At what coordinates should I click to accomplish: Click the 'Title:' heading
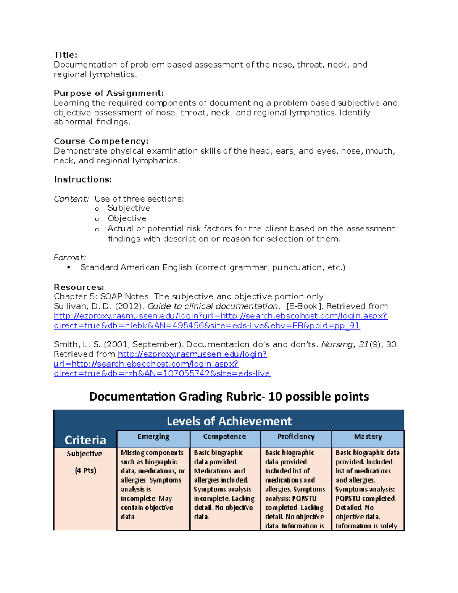point(65,55)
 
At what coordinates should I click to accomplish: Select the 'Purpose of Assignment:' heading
point(109,93)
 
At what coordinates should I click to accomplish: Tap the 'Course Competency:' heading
point(101,141)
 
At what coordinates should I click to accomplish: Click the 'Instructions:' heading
point(82,179)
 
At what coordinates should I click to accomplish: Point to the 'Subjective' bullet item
point(129,208)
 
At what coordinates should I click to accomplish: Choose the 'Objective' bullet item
point(127,218)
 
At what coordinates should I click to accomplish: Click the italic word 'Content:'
point(71,199)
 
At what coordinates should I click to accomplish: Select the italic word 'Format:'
point(69,258)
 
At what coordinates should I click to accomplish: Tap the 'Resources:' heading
point(79,287)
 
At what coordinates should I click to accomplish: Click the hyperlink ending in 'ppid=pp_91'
point(206,326)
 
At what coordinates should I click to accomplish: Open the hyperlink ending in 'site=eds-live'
point(162,373)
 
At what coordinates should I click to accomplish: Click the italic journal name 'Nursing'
point(337,344)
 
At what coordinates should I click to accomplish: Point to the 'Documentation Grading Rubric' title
point(229,396)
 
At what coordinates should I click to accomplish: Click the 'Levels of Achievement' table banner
point(229,421)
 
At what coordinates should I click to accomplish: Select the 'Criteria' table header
point(85,440)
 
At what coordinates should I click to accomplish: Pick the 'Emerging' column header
point(153,436)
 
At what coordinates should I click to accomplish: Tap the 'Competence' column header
point(224,436)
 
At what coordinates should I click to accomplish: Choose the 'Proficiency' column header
point(296,436)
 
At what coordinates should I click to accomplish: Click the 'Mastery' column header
point(368,436)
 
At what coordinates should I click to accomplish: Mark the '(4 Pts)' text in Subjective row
point(85,470)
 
